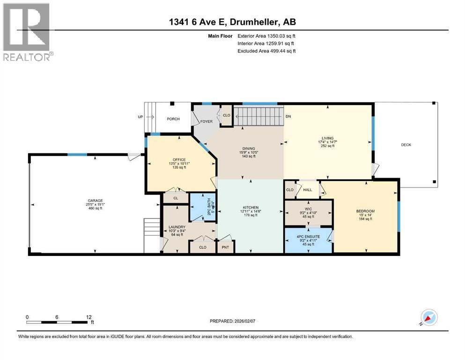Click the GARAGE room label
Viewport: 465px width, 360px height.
pos(95,201)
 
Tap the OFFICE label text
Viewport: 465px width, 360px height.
pos(179,160)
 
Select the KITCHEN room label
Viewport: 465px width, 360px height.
pos(251,208)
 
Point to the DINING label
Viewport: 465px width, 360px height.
pos(249,149)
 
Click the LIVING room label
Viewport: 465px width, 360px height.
pos(328,138)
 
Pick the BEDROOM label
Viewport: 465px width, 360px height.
pos(365,211)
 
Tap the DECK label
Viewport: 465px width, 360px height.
pos(406,145)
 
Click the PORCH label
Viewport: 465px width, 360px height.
pos(173,119)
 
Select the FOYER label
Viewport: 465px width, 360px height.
pos(207,121)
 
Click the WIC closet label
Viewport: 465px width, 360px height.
pos(308,209)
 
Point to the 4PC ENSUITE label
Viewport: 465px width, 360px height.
pos(308,237)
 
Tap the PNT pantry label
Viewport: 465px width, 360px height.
pos(225,247)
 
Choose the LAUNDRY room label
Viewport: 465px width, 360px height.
pos(177,227)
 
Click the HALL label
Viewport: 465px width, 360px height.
pos(308,190)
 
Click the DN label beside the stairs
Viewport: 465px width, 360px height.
pos(288,116)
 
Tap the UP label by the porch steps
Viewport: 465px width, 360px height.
pos(140,117)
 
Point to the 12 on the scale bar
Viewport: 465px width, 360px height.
pos(89,317)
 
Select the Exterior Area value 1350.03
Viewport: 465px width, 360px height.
pos(276,36)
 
